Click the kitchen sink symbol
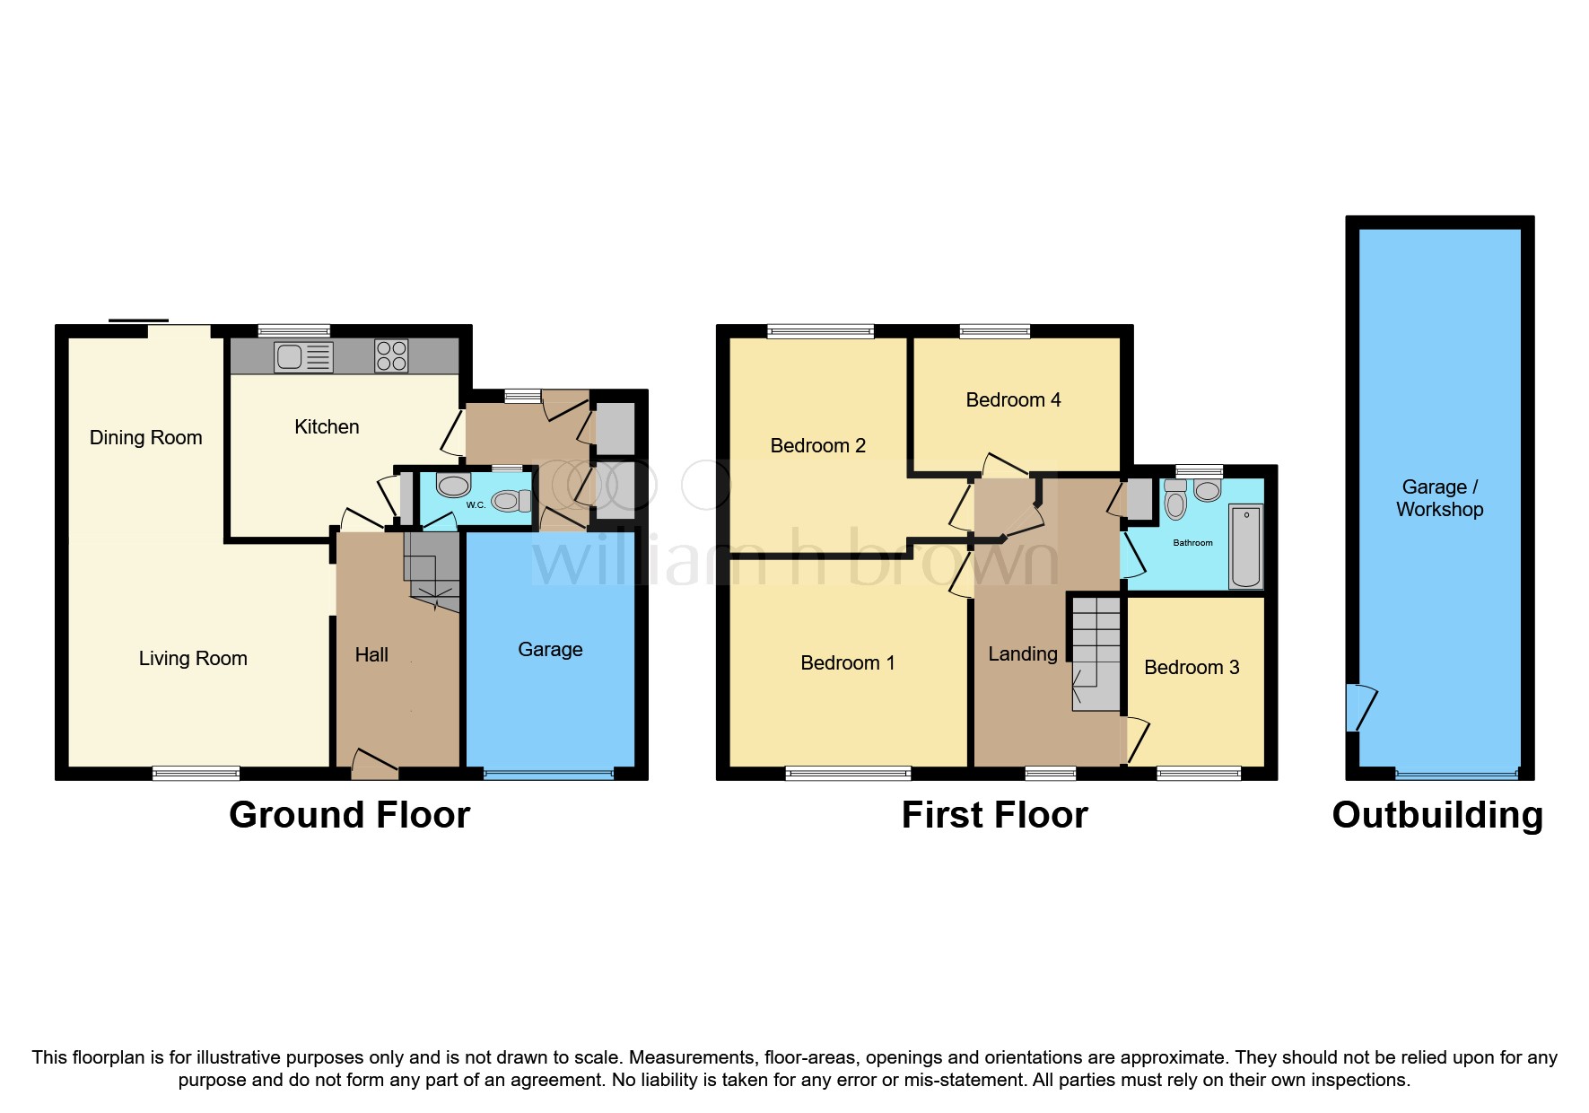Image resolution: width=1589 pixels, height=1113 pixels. (x=303, y=357)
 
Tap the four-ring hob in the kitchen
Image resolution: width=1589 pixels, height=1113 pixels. (x=391, y=356)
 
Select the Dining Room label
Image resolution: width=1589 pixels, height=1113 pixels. (x=146, y=438)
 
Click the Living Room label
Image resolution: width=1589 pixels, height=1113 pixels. (x=193, y=659)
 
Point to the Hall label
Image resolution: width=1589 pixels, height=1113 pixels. (x=371, y=655)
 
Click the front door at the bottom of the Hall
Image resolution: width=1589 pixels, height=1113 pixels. (x=373, y=763)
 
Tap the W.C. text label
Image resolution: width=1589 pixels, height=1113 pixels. (x=476, y=505)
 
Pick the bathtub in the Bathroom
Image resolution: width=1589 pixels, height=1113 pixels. (x=1245, y=546)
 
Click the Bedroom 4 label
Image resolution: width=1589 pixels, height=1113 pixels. (x=1013, y=400)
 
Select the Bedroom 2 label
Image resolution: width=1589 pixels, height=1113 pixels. (x=817, y=446)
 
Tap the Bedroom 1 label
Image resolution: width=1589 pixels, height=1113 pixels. (x=847, y=663)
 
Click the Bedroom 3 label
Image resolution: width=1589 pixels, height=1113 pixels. (x=1192, y=668)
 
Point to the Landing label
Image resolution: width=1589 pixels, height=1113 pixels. (x=1022, y=654)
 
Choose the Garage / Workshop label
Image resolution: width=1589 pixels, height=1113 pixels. (x=1439, y=498)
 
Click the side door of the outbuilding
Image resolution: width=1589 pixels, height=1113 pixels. (x=1359, y=707)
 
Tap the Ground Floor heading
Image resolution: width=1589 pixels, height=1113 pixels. (x=349, y=815)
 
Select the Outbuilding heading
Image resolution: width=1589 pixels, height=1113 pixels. (x=1437, y=815)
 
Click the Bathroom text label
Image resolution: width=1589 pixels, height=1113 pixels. (x=1192, y=543)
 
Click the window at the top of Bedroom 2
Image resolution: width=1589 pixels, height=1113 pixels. (x=820, y=332)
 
